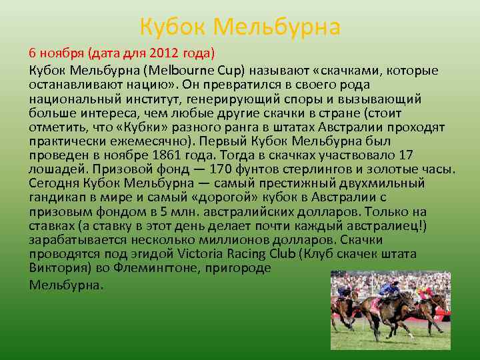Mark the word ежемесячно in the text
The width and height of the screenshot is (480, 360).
[149, 141]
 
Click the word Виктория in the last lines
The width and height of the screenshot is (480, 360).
[57, 268]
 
